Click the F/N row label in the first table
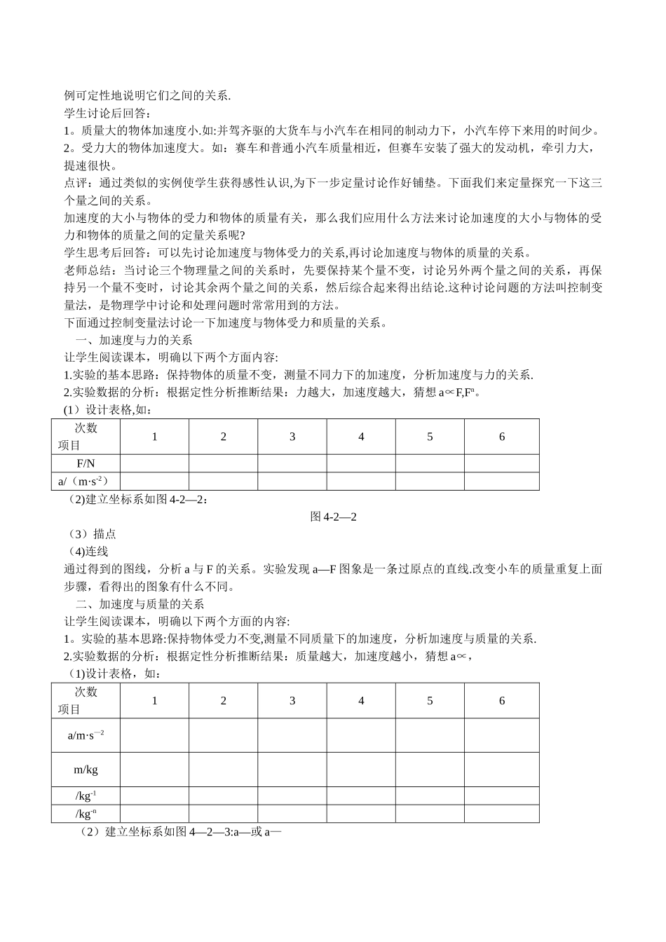click(x=86, y=463)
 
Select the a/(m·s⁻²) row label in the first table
click(x=86, y=481)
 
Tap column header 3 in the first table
click(x=292, y=437)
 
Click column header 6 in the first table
click(x=502, y=437)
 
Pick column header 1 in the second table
click(x=155, y=701)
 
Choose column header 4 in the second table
click(x=361, y=701)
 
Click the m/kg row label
click(x=86, y=770)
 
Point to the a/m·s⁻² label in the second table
click(x=86, y=735)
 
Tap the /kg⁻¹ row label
click(x=86, y=796)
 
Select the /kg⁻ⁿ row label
click(x=86, y=813)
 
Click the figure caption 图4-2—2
click(x=334, y=517)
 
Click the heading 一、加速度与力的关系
click(x=133, y=340)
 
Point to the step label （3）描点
click(x=90, y=534)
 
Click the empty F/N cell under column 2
click(x=224, y=463)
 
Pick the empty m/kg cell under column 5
click(x=430, y=770)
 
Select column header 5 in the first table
click(x=430, y=437)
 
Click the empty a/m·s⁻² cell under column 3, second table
click(x=292, y=735)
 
